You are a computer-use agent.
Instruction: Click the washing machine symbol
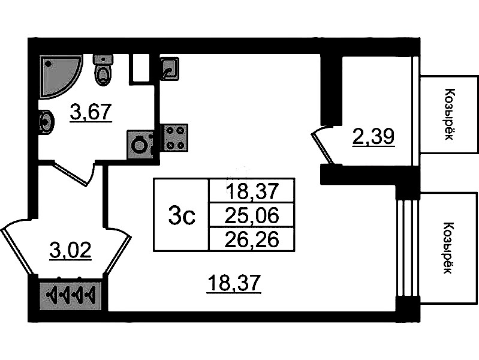coord(140,145)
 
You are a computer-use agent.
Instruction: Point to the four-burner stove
coord(174,137)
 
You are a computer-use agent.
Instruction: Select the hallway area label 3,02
coord(70,250)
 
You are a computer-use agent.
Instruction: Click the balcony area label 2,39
coord(373,138)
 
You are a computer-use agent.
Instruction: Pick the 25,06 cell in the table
coord(251,215)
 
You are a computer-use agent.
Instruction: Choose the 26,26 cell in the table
coord(251,239)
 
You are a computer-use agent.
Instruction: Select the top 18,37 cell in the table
coord(251,191)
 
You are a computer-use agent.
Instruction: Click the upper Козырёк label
coord(448,114)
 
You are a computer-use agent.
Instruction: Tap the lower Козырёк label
coord(448,248)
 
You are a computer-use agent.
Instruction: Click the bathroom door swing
coord(75,173)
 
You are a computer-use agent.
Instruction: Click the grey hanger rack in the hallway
coord(71,296)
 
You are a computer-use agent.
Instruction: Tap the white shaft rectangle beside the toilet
coord(140,68)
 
